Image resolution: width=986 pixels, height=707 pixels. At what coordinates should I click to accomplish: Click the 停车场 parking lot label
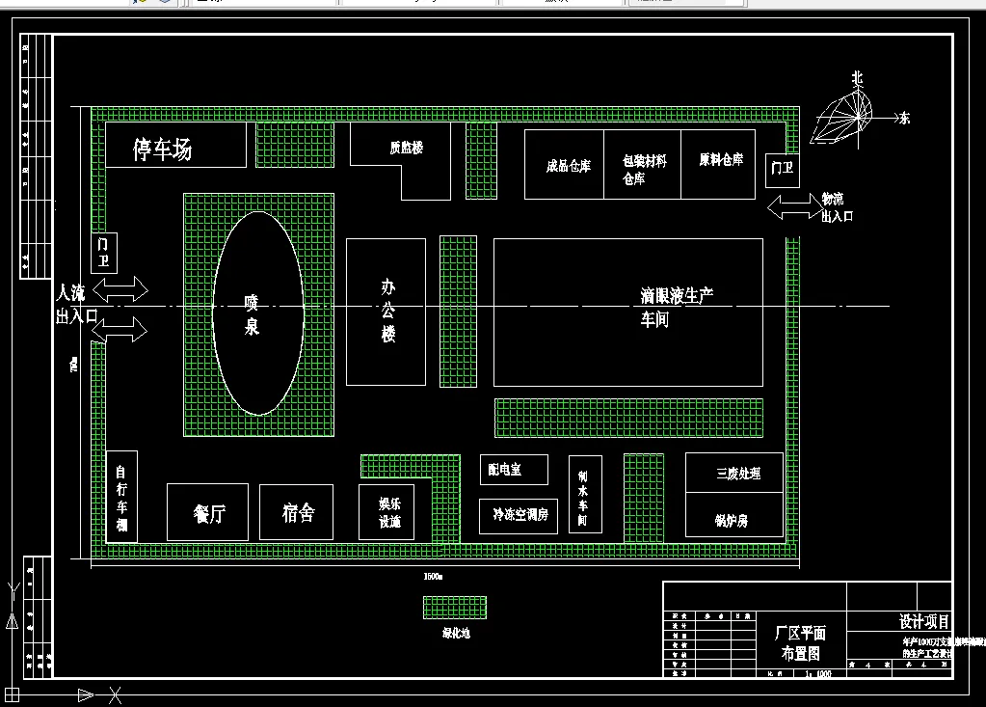tap(163, 150)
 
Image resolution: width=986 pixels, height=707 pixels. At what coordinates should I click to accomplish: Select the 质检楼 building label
tap(406, 148)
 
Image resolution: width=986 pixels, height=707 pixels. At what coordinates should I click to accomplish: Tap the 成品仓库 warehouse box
tap(567, 165)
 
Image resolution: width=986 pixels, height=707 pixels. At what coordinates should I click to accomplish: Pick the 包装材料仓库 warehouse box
tap(643, 166)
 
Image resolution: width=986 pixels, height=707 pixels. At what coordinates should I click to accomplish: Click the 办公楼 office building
tap(386, 311)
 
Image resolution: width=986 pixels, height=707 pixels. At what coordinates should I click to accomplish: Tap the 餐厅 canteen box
tap(208, 512)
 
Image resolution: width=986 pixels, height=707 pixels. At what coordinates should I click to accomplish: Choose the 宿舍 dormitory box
tap(297, 512)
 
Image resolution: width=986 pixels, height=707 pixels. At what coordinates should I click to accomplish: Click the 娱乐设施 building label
tap(389, 513)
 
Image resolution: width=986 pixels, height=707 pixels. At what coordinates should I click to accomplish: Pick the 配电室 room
tap(514, 470)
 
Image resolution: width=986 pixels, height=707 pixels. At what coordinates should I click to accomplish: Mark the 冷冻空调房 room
tap(519, 515)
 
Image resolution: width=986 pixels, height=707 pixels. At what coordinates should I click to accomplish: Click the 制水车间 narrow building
tap(584, 494)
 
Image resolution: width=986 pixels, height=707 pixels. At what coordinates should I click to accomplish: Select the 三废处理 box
tap(737, 473)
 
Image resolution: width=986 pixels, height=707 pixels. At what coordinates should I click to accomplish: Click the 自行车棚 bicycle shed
tap(121, 497)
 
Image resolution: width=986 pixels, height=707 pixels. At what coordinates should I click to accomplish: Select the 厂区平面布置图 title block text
tap(800, 642)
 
